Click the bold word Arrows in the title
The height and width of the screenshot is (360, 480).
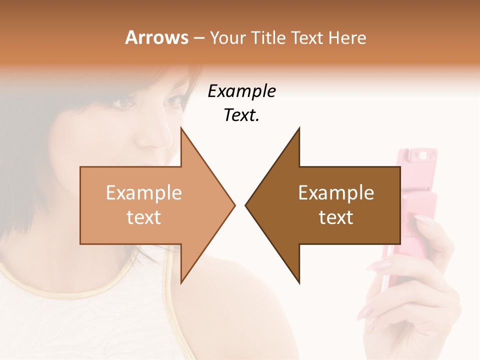[x=156, y=37]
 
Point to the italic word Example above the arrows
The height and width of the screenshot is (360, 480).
[x=241, y=91]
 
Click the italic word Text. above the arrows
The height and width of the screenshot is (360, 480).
[x=241, y=115]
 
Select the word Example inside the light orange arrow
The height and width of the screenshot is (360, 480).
[x=144, y=193]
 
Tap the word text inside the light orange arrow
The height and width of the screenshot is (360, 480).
[x=144, y=217]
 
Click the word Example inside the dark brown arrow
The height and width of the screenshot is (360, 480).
[x=336, y=193]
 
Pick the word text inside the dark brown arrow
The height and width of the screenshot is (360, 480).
[x=336, y=217]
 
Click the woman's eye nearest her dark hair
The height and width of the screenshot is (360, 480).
[x=124, y=102]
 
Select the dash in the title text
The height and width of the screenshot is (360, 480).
[x=198, y=38]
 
